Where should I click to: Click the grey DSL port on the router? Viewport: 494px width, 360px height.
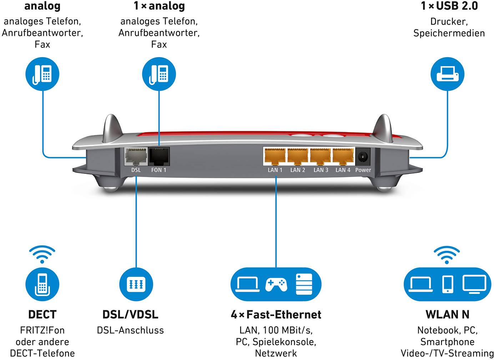[136, 156]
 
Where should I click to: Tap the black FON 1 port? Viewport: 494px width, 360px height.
[159, 156]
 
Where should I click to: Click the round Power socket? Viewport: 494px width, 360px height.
[363, 156]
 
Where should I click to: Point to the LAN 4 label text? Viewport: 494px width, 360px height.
[343, 170]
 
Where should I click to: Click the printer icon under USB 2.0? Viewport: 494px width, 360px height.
[448, 74]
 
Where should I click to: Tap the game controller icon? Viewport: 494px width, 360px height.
[276, 284]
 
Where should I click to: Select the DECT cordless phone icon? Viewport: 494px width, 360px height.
[42, 284]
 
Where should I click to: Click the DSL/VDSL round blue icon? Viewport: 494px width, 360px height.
[136, 284]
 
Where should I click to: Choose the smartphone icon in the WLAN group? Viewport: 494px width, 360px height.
[447, 284]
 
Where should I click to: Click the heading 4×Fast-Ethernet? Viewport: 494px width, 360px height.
[276, 315]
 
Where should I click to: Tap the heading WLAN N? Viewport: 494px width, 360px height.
[447, 315]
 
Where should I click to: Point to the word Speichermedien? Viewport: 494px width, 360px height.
[449, 33]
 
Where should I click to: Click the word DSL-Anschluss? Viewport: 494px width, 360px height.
[130, 330]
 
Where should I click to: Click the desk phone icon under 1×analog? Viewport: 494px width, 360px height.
[159, 74]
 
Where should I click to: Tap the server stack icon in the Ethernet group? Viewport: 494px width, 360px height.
[304, 284]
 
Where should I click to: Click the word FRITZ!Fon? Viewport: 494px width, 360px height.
[42, 330]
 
